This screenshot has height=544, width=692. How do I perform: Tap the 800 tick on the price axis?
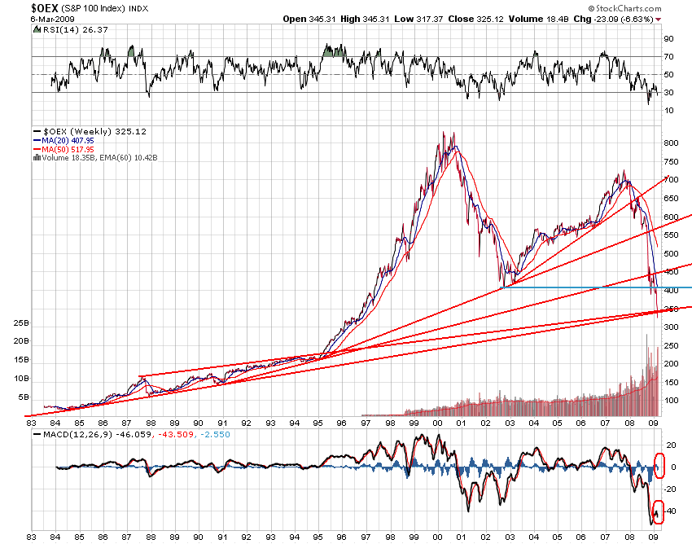tap(670, 143)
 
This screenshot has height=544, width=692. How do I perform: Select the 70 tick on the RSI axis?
tap(668, 57)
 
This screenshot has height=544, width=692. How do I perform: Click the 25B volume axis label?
tap(18, 323)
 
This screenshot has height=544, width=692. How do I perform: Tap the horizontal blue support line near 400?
tap(594, 287)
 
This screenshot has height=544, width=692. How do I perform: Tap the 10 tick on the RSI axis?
tap(668, 109)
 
